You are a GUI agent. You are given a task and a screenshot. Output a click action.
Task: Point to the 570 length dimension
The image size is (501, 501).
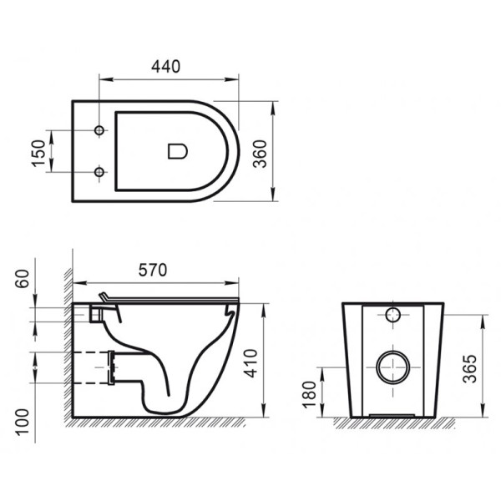152,270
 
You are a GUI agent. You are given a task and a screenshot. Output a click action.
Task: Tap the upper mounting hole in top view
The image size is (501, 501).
99,132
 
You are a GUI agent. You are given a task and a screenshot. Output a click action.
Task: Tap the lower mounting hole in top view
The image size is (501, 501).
99,172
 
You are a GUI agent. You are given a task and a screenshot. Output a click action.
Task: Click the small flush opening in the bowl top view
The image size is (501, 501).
177,151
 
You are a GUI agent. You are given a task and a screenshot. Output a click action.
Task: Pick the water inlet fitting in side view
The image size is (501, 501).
96,313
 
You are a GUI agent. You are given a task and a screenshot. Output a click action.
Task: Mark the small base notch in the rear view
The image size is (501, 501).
391,413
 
